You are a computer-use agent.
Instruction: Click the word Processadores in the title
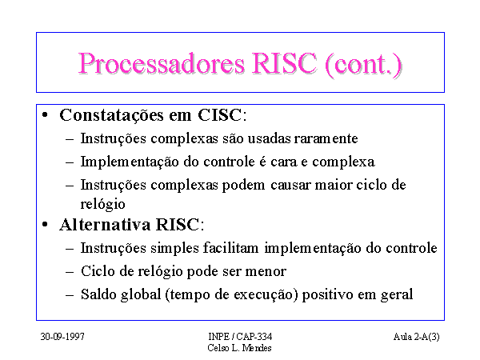tap(162, 63)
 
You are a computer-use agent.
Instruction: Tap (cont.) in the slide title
tap(363, 64)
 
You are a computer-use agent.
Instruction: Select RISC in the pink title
tap(284, 63)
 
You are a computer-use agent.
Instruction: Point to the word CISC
tap(219, 115)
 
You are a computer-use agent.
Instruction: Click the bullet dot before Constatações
tap(45, 115)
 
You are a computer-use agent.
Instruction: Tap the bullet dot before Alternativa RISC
tap(45, 224)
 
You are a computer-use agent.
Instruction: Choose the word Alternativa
tap(105, 224)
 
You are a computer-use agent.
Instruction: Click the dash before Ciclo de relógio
tap(70, 271)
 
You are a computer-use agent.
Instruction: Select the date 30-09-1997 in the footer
tap(62, 337)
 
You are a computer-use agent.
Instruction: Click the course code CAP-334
tap(254, 337)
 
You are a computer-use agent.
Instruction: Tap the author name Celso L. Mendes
tap(239, 348)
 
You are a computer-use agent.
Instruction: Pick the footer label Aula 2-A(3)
tap(416, 337)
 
